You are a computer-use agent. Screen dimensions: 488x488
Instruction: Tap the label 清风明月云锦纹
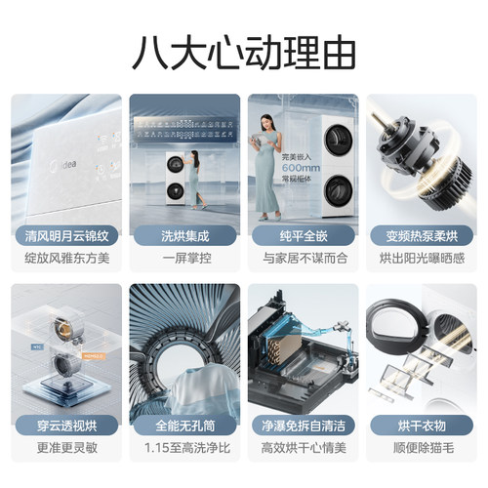pos(66,235)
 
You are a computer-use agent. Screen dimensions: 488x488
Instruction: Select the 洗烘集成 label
pos(184,235)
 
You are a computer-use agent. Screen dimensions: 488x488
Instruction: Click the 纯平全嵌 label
pos(303,235)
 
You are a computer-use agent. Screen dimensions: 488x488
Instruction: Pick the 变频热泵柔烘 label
pos(421,235)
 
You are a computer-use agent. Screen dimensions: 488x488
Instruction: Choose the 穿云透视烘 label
pos(66,426)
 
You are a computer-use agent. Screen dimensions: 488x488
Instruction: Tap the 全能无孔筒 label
pos(184,426)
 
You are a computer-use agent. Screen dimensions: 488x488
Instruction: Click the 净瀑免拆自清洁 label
pos(303,426)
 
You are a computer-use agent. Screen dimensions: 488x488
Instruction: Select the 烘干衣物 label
pos(421,426)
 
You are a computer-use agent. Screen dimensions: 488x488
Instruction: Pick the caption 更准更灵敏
pos(66,452)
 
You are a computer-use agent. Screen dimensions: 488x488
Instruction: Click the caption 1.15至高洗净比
pos(184,452)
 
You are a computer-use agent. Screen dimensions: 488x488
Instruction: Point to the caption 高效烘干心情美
pos(303,452)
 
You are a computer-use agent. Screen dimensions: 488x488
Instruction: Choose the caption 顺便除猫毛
pos(421,452)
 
